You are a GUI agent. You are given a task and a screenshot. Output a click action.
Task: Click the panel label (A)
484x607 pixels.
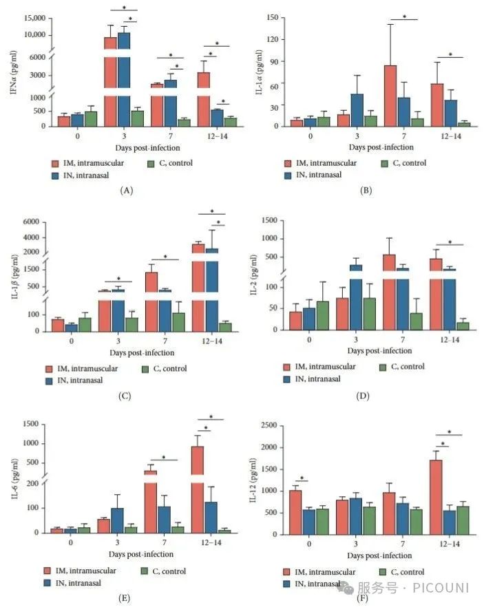pyautogui.click(x=125, y=189)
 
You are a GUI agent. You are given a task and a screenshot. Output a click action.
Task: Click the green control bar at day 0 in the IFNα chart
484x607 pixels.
pyautogui.click(x=90, y=118)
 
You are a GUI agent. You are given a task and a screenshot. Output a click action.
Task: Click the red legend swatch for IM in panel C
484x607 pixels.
pyautogui.click(x=49, y=369)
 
